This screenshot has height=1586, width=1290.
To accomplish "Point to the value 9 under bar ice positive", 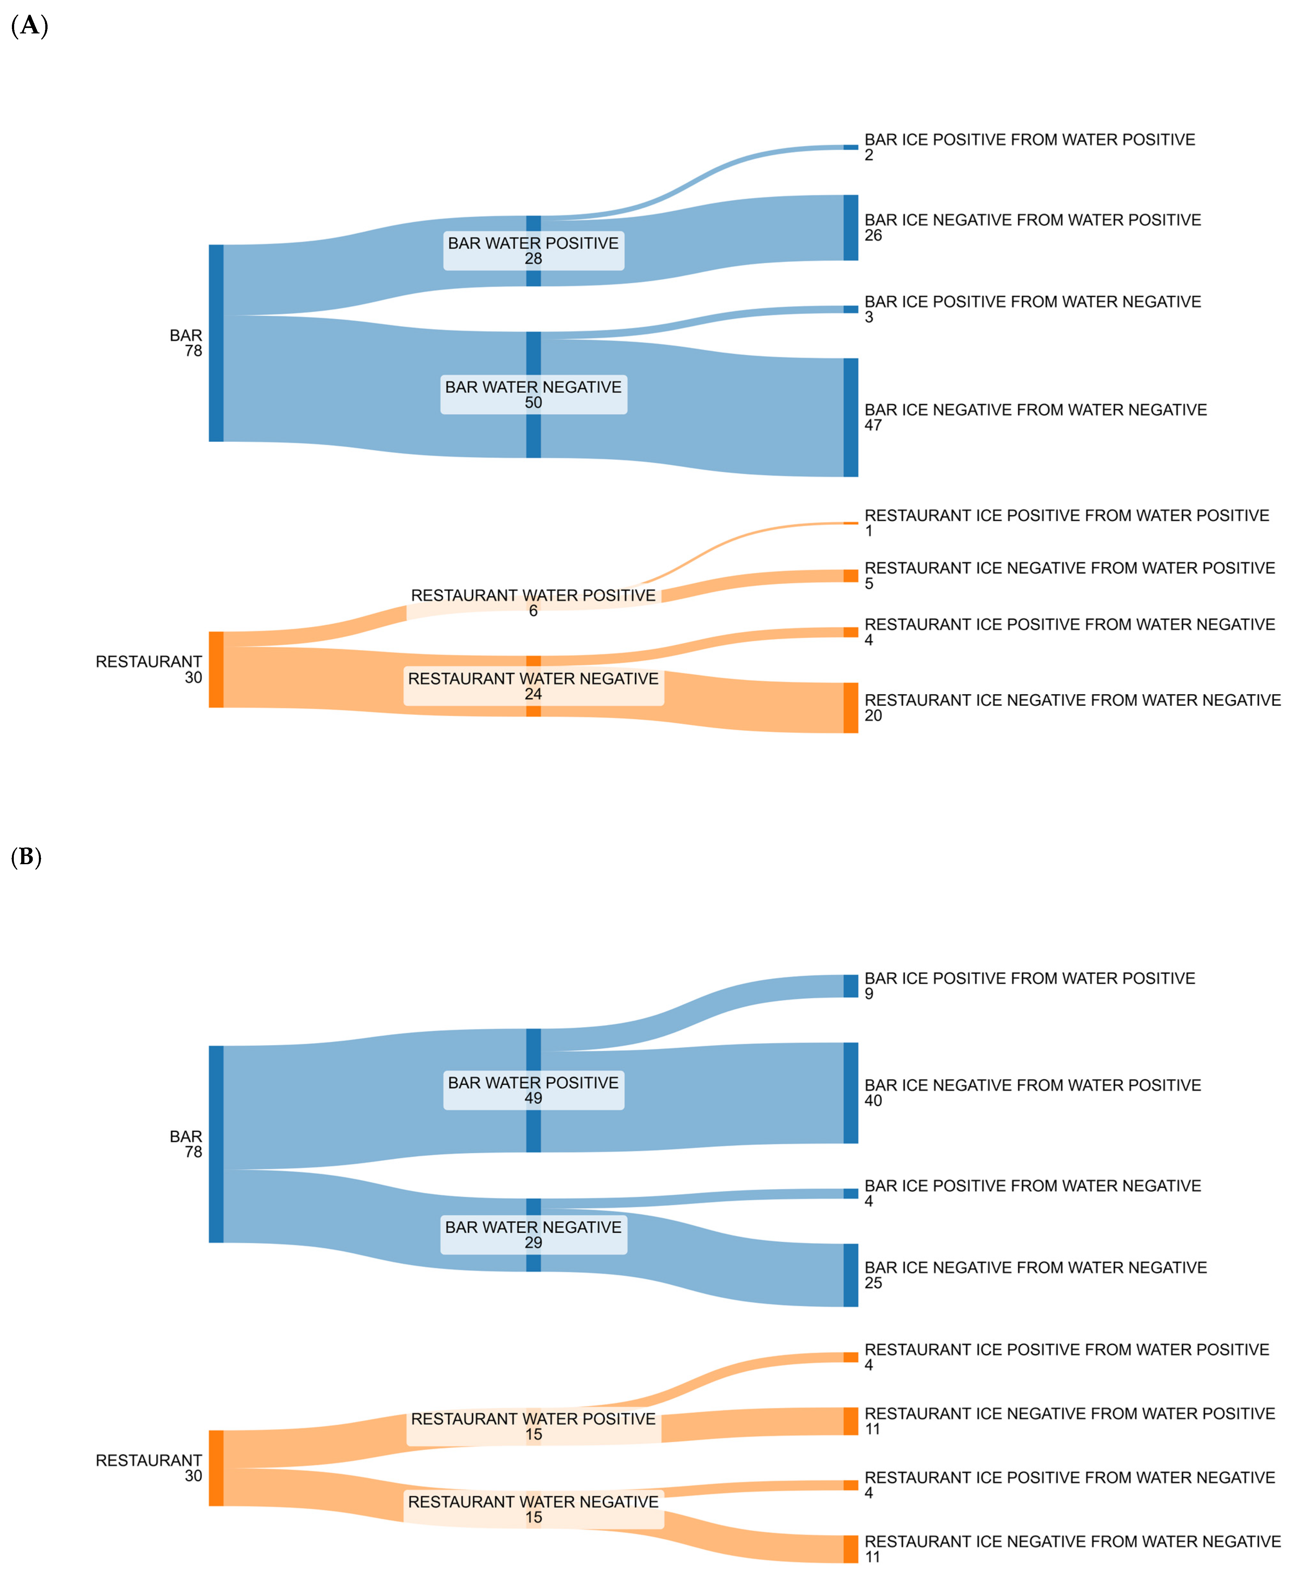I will (869, 994).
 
